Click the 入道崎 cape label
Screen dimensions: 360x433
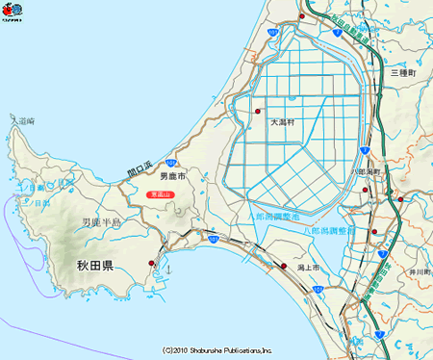tap(22, 121)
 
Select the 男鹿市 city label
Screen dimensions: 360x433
tap(172, 177)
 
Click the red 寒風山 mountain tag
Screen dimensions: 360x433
tap(160, 194)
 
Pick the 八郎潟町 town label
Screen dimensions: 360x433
tap(369, 170)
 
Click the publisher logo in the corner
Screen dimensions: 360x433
tap(13, 13)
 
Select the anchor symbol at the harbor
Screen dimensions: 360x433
tap(169, 268)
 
